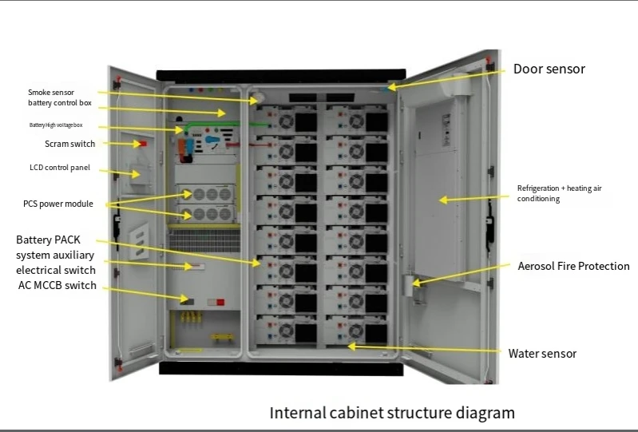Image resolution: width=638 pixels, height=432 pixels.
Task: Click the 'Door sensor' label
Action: pyautogui.click(x=549, y=69)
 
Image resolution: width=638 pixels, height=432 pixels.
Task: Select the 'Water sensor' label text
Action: pyautogui.click(x=542, y=353)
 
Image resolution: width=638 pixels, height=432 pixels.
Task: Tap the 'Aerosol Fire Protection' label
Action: pyautogui.click(x=573, y=266)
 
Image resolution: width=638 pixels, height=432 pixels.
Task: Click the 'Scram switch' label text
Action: pyautogui.click(x=69, y=145)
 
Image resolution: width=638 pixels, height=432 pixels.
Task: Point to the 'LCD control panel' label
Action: pyautogui.click(x=59, y=168)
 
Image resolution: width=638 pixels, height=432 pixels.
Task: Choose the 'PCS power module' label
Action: pyautogui.click(x=57, y=204)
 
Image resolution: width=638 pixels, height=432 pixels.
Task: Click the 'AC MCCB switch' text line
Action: pyautogui.click(x=56, y=286)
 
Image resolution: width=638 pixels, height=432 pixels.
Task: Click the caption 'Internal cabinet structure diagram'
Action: pyautogui.click(x=392, y=413)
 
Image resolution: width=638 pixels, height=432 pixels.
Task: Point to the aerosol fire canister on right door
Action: pyautogui.click(x=414, y=287)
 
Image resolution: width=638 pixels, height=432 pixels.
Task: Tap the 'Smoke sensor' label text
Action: pyautogui.click(x=51, y=93)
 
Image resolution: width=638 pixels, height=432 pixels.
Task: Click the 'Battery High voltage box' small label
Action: pyautogui.click(x=56, y=125)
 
